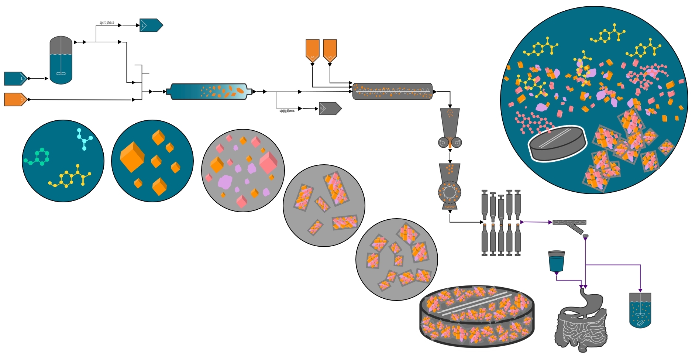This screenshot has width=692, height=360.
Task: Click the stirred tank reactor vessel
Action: (x=61, y=60)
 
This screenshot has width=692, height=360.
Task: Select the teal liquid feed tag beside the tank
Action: (x=15, y=79)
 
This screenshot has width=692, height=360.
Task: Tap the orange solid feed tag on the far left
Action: (x=15, y=100)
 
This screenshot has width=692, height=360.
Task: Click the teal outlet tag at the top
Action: (x=151, y=25)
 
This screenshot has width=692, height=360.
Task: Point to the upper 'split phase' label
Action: (x=107, y=23)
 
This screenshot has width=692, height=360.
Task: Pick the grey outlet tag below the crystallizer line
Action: (x=330, y=109)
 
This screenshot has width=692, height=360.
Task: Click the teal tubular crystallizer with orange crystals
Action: (x=209, y=92)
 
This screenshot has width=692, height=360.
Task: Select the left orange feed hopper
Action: (x=312, y=50)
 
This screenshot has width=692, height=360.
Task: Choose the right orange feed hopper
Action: (x=330, y=50)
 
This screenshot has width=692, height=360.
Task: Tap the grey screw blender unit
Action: (x=392, y=92)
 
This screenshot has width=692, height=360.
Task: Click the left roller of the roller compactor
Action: (x=443, y=142)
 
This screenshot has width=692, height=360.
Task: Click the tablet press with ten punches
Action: (x=501, y=223)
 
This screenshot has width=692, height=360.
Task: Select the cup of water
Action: (x=556, y=261)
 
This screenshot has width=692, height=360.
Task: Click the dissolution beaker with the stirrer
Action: (x=640, y=310)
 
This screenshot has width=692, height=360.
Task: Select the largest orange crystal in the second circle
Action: (x=132, y=157)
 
